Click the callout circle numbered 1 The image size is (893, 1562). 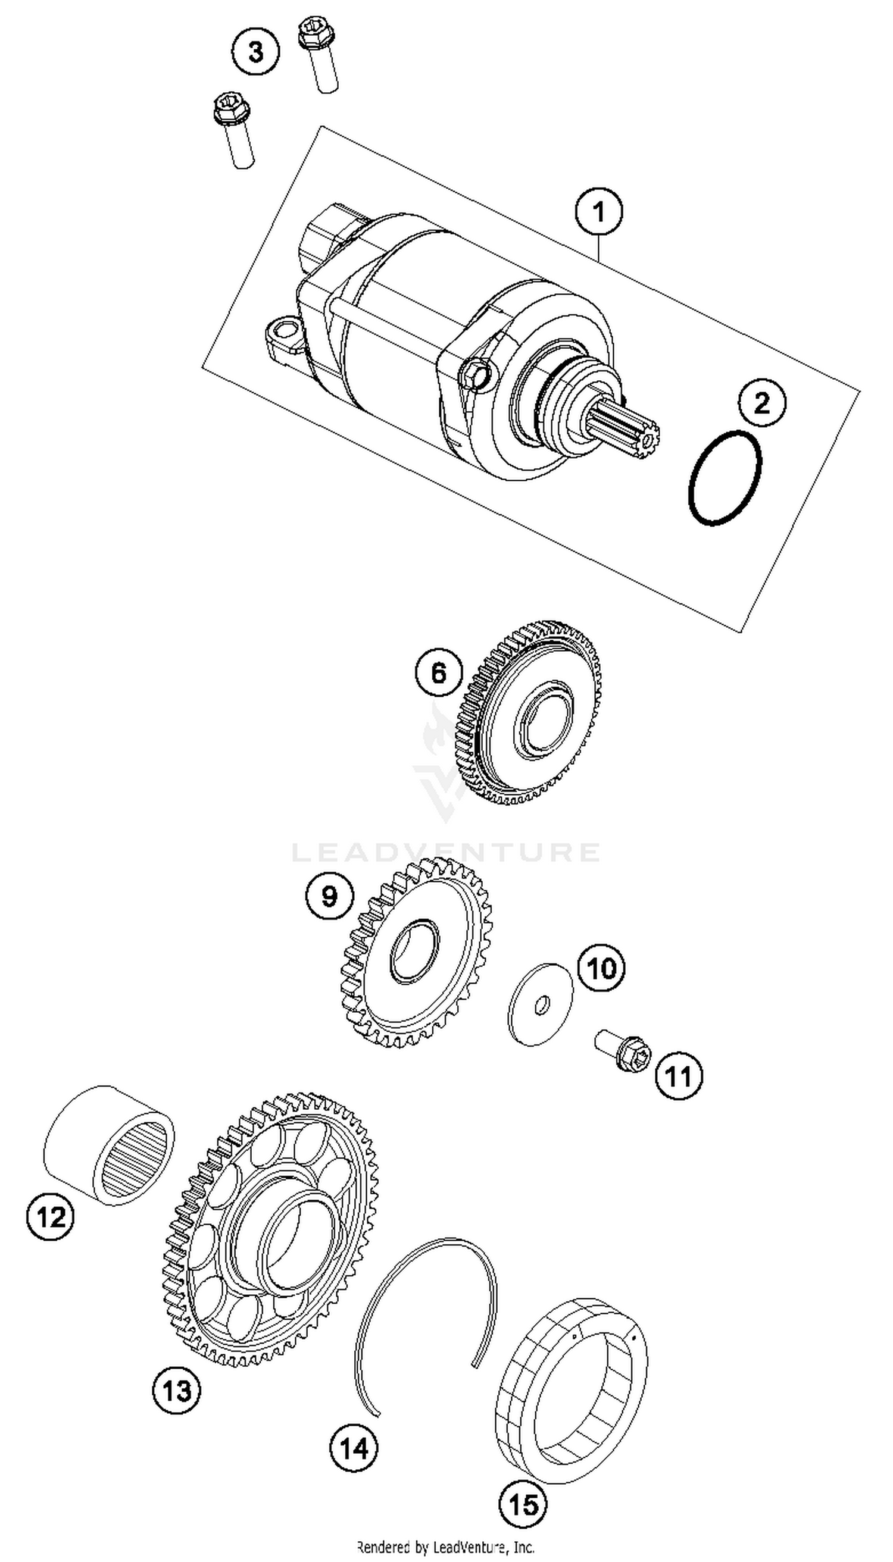coord(598,212)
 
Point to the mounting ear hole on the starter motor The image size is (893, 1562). coord(284,331)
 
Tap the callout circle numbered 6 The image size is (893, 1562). coord(439,673)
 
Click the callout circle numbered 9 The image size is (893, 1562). coord(329,896)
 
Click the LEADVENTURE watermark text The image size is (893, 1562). coord(445,853)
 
